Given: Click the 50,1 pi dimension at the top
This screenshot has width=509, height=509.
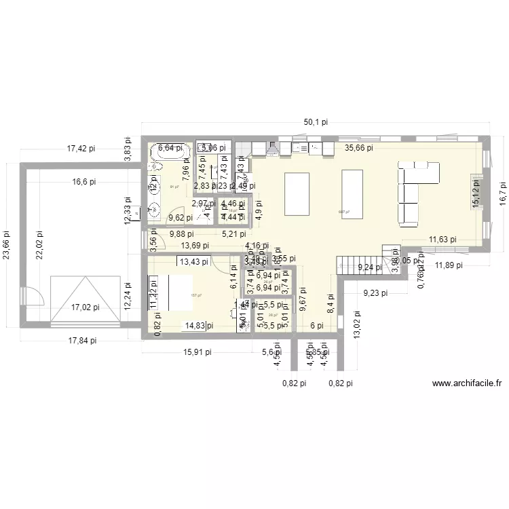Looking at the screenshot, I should (316, 122).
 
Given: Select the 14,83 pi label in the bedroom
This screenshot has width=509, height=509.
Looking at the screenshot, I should (200, 326).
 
